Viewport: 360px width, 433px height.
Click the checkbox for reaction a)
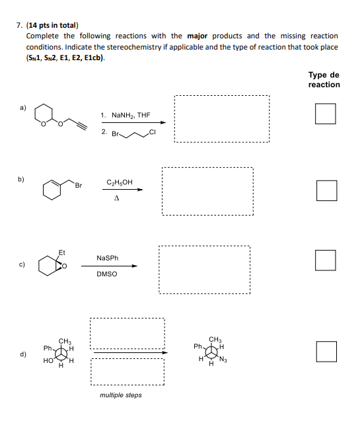pos(325,114)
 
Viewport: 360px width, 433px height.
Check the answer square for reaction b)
pos(326,190)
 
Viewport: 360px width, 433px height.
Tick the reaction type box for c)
pos(325,260)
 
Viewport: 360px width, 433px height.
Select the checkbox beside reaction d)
pos(326,351)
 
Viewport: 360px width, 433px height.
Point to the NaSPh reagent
pos(108,258)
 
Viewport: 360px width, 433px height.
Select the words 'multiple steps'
pos(120,395)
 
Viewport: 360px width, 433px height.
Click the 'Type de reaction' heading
pos(324,80)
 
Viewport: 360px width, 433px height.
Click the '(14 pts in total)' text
pos(52,24)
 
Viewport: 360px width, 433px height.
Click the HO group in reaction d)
pos(48,361)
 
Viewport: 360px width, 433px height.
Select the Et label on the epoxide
pos(62,252)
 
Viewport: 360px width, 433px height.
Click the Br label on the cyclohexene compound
pos(77,186)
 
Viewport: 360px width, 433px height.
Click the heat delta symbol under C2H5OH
pos(116,197)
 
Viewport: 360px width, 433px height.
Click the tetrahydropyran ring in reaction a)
pos(46,114)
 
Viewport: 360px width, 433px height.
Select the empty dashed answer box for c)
pos(205,270)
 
